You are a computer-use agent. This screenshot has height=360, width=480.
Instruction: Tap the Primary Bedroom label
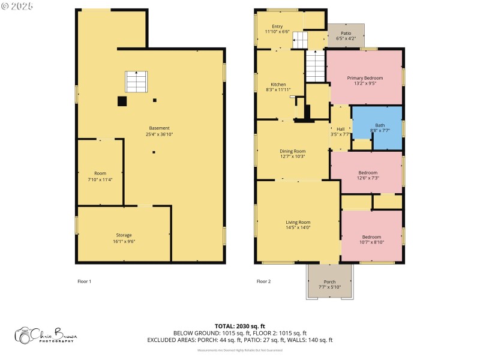point(365,78)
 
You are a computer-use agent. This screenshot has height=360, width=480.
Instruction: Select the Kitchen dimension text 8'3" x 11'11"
point(278,90)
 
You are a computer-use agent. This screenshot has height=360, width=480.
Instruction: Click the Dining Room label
point(293,151)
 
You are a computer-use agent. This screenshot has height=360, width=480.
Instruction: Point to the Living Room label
point(298,223)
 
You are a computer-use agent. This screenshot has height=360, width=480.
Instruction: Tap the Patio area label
point(347,34)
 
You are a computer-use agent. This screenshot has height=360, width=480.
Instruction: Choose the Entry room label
point(277,26)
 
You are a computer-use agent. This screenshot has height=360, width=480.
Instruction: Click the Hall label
point(341,129)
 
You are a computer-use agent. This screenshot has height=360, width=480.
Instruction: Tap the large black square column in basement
point(122,101)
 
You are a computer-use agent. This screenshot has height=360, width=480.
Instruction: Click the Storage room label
point(124,235)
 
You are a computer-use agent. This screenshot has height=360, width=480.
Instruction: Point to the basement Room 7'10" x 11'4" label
point(100,173)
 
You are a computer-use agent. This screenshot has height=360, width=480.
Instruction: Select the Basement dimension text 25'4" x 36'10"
point(160,134)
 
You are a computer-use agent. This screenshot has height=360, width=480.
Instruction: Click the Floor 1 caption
point(85,281)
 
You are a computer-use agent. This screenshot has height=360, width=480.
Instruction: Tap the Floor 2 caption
point(263,281)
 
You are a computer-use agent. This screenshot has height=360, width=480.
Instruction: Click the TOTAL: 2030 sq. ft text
point(240,326)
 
